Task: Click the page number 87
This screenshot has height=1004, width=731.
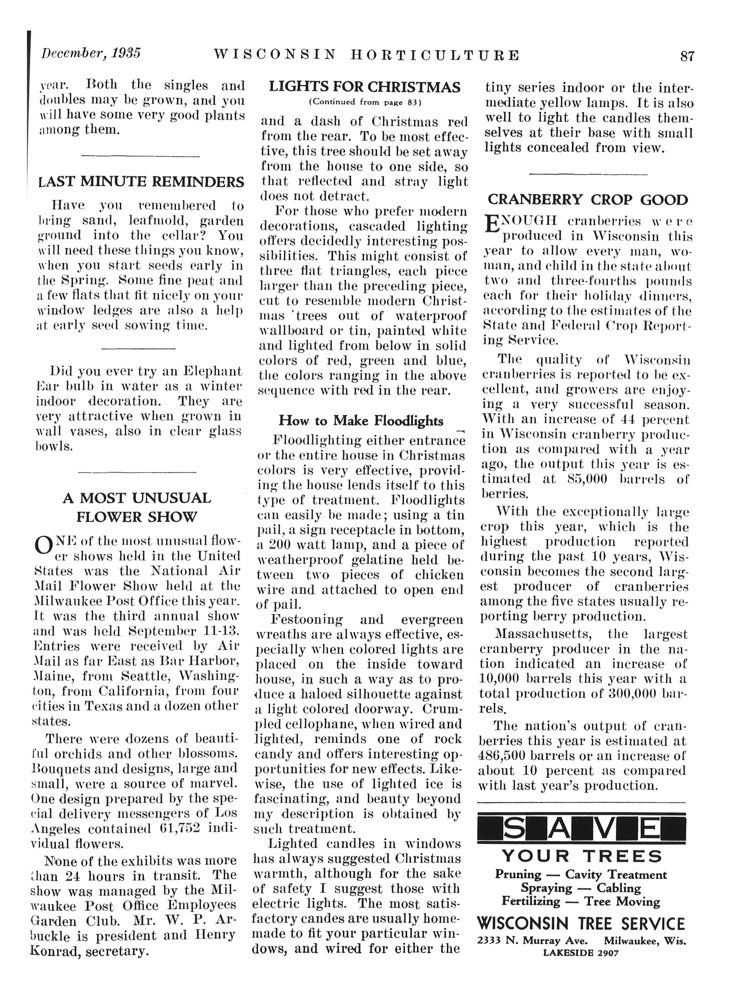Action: click(687, 56)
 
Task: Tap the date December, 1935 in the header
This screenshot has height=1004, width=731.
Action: click(91, 53)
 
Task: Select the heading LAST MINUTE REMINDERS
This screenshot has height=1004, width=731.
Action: click(141, 182)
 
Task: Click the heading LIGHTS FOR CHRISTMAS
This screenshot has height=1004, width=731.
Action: click(365, 86)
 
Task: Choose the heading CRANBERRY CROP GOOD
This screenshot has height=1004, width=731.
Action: click(587, 200)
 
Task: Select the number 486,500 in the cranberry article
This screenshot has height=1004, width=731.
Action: click(504, 756)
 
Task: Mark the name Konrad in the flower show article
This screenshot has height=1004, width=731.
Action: click(51, 950)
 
